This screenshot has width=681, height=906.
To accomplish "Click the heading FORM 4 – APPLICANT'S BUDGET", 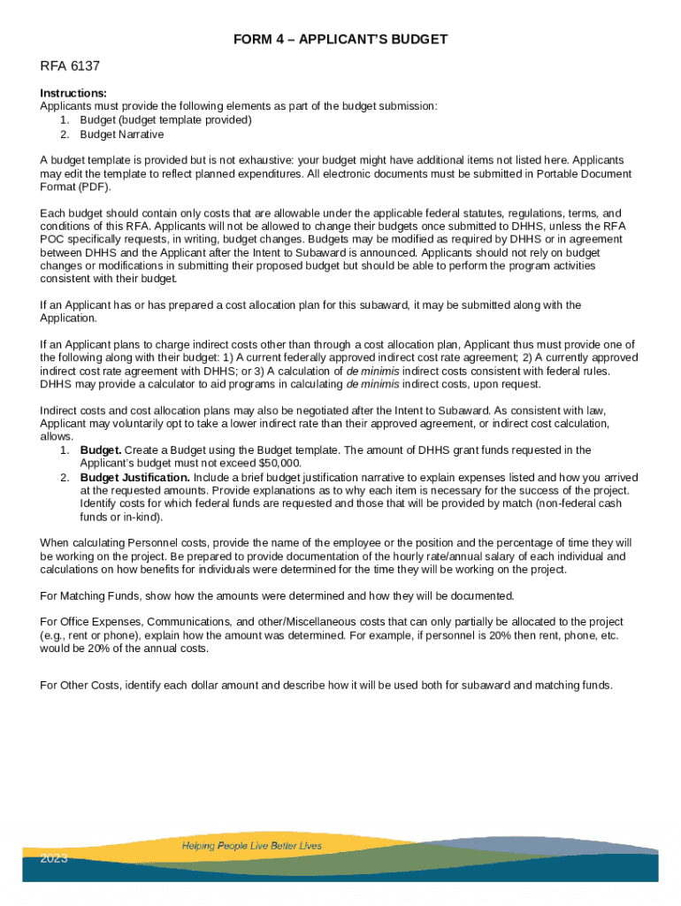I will pyautogui.click(x=340, y=40).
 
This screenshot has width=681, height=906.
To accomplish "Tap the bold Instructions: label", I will pyautogui.click(x=73, y=93).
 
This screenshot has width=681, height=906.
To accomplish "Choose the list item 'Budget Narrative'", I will pyautogui.click(x=121, y=134).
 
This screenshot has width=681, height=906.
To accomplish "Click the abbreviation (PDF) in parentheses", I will pyautogui.click(x=95, y=188).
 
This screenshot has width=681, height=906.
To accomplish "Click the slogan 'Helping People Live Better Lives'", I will pyautogui.click(x=252, y=845).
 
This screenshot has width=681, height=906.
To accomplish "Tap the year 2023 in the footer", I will pyautogui.click(x=54, y=858).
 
